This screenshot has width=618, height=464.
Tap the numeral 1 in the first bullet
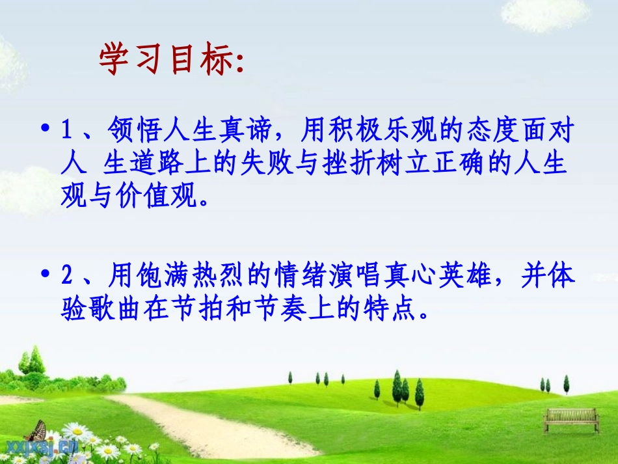pos(66,132)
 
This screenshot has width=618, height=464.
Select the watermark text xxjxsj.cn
pos(42,446)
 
